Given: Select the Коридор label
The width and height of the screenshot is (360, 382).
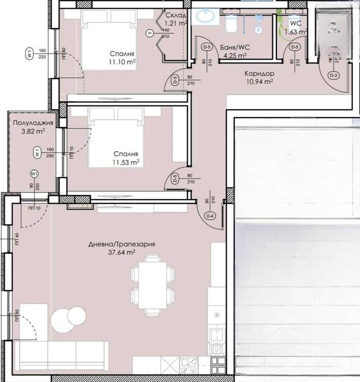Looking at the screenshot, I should point(259,73).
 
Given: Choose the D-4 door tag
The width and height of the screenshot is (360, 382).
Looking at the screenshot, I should point(209,216).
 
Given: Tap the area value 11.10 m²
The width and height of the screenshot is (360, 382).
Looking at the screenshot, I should point(123,62).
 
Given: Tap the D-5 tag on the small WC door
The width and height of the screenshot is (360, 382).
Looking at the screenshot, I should point(295,48).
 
